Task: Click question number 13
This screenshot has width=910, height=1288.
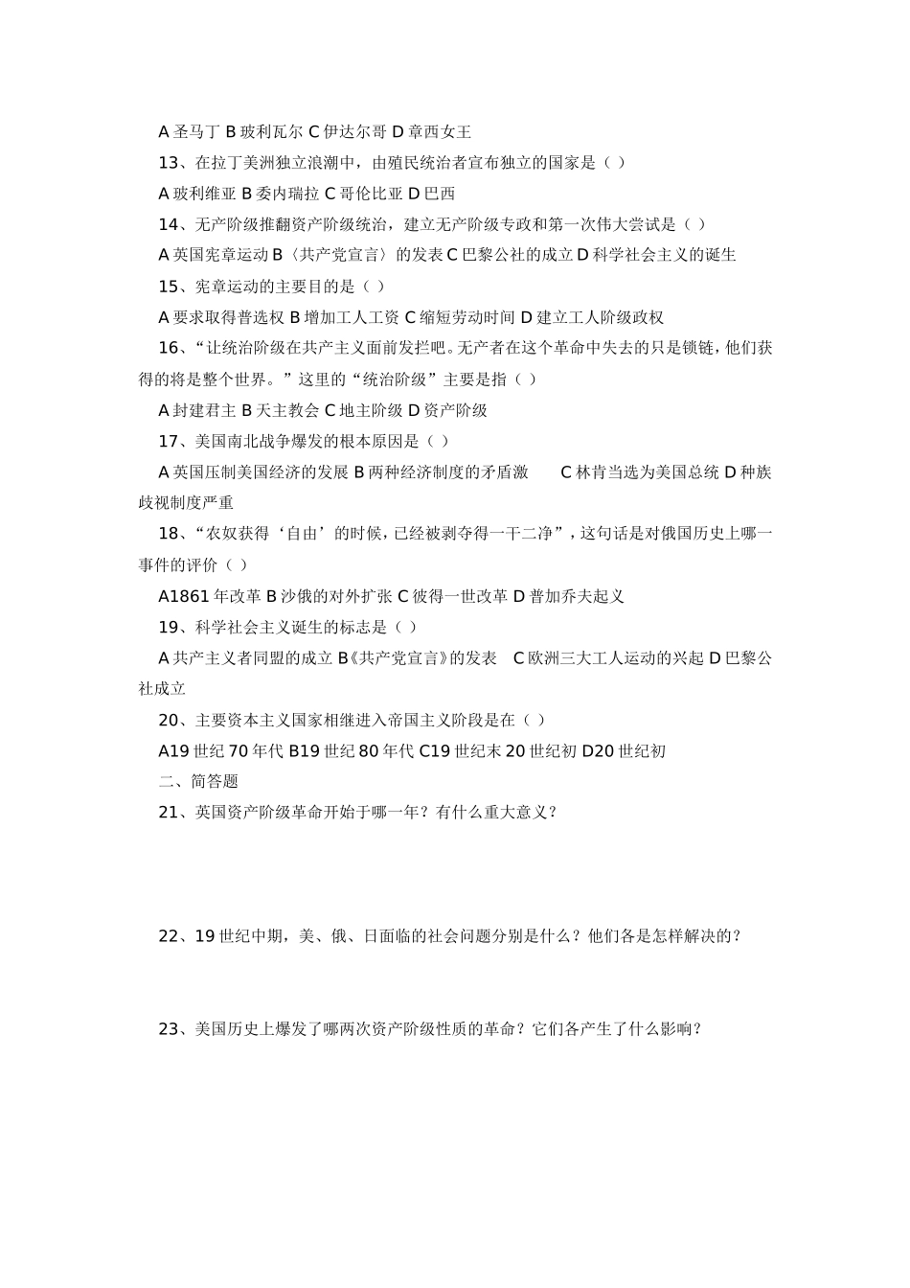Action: [169, 162]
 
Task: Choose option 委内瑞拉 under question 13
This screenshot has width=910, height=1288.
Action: [280, 194]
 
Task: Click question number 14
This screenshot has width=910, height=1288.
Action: [169, 224]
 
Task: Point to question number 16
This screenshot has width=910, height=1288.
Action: [169, 348]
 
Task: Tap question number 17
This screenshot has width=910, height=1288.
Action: [169, 441]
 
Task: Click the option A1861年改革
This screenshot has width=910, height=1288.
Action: [209, 596]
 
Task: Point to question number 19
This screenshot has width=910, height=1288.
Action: [169, 627]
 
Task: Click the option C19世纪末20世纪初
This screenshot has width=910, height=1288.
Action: [497, 751]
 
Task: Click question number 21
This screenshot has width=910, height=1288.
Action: [169, 813]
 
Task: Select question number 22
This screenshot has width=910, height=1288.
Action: [169, 936]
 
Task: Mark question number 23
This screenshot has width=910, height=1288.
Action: [169, 1029]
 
